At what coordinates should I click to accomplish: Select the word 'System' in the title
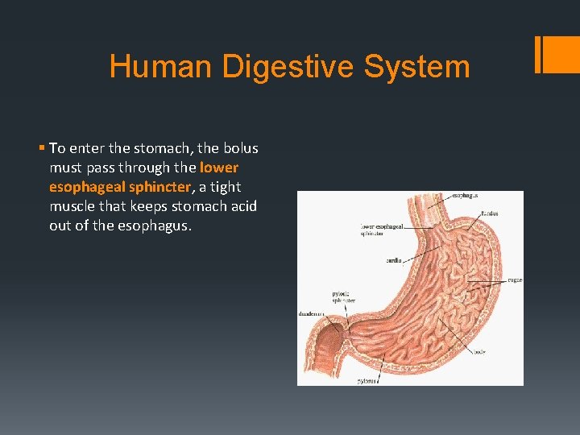[x=416, y=66]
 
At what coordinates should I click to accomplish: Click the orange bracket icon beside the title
[x=556, y=54]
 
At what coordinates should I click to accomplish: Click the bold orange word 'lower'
[x=219, y=168]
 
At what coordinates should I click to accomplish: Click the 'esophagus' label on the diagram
[x=465, y=196]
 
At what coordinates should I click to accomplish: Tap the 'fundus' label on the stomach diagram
[x=489, y=213]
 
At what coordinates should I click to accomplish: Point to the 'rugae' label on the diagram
[x=514, y=280]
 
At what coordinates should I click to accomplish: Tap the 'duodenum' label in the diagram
[x=312, y=313]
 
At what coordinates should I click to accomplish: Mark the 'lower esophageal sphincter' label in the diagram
[x=381, y=230]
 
